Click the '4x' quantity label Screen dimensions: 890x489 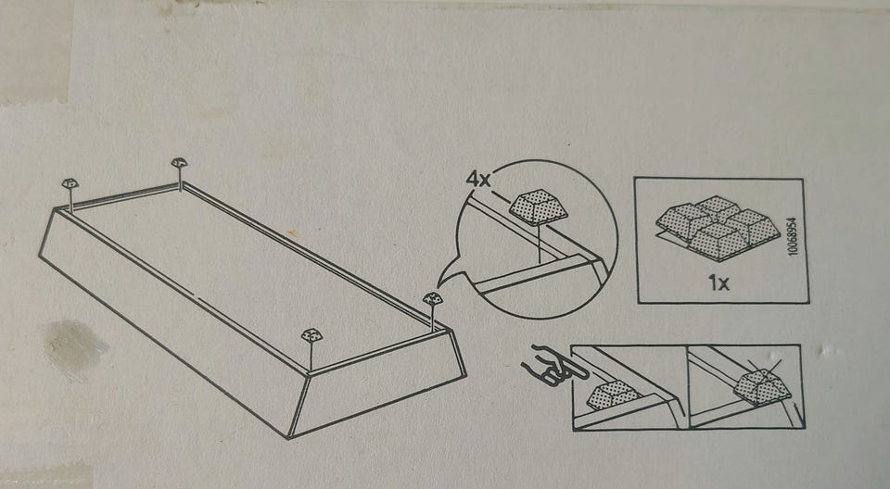click(478, 180)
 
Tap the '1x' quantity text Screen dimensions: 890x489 click(718, 282)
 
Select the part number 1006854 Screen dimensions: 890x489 click(793, 236)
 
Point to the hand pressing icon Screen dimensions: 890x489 click(545, 366)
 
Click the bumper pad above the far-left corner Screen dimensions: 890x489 click(70, 183)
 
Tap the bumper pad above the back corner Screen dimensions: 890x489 click(179, 163)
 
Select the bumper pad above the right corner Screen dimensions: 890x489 click(433, 298)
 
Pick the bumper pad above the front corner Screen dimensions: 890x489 click(311, 335)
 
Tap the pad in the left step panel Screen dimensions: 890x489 click(613, 395)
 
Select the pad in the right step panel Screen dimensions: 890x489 click(762, 387)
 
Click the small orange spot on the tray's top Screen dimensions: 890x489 click(290, 232)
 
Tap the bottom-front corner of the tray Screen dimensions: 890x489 click(289, 437)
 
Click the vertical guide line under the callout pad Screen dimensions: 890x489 click(540, 244)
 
